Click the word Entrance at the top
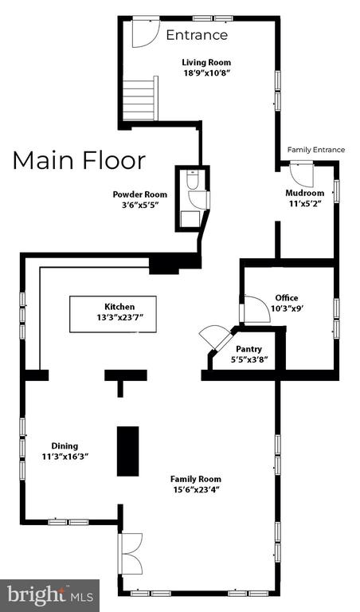(197, 35)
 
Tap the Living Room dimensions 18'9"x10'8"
(206, 73)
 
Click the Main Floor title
(79, 160)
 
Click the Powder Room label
(139, 194)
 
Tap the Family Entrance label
(316, 150)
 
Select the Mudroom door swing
(302, 174)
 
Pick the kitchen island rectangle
(113, 314)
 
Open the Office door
(256, 308)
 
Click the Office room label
(286, 298)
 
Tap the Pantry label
(248, 349)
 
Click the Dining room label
(65, 445)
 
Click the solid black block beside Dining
(128, 451)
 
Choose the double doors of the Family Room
(131, 554)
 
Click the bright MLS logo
(50, 595)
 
